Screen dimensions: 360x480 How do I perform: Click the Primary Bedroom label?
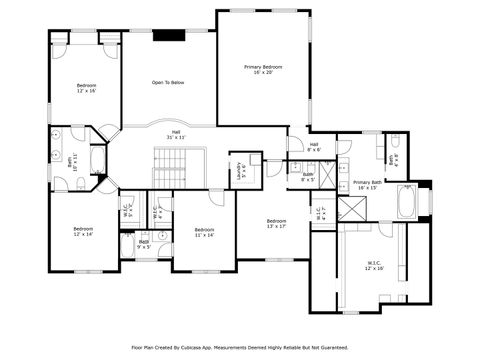pyautogui.click(x=264, y=69)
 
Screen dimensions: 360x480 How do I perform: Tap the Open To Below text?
pyautogui.click(x=168, y=82)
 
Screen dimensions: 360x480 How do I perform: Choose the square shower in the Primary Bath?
pyautogui.click(x=352, y=209)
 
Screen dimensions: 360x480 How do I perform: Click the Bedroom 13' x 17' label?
pyautogui.click(x=276, y=223)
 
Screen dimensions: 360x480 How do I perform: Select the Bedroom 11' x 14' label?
pyautogui.click(x=204, y=232)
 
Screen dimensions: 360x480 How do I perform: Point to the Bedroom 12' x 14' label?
pyautogui.click(x=82, y=231)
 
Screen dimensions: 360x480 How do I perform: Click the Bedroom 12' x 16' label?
pyautogui.click(x=87, y=87)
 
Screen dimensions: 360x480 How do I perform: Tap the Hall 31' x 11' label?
pyautogui.click(x=175, y=133)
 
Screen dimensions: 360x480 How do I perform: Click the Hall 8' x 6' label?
pyautogui.click(x=313, y=147)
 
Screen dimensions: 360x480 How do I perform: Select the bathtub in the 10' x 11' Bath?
pyautogui.click(x=98, y=160)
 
